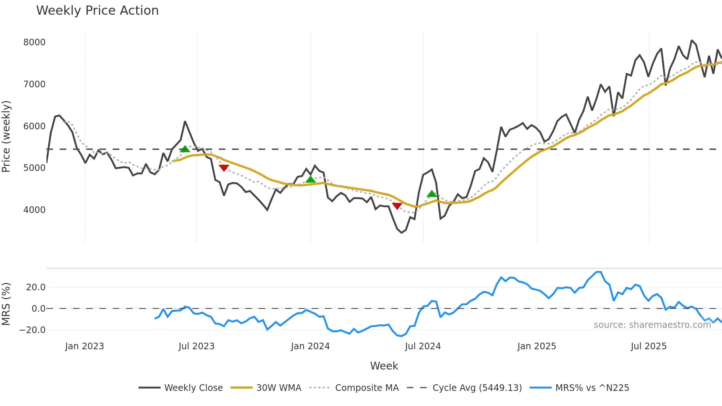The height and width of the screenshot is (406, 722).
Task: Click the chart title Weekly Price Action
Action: [97, 11]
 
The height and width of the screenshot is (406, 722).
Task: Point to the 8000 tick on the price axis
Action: [34, 42]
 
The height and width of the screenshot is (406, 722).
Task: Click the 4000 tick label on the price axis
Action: [34, 210]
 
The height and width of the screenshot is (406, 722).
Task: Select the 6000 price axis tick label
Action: [34, 126]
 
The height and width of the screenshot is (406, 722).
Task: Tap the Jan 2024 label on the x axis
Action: [310, 346]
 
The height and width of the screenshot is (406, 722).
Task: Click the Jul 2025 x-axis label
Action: [649, 346]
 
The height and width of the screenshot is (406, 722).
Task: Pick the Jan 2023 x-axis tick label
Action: [84, 346]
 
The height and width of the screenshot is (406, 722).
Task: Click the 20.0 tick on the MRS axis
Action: [36, 287]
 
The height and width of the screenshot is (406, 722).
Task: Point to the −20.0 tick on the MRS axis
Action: [32, 330]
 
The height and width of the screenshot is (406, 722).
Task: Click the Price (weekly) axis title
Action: [6, 136]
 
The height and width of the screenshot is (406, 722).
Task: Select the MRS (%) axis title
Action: [6, 304]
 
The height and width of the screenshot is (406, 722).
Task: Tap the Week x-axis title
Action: [384, 366]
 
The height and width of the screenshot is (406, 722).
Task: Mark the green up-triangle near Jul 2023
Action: [185, 149]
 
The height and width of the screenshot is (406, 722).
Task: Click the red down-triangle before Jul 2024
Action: [397, 206]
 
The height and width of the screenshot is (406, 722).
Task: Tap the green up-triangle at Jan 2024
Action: [311, 179]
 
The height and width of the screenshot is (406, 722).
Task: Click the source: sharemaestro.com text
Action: [652, 325]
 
